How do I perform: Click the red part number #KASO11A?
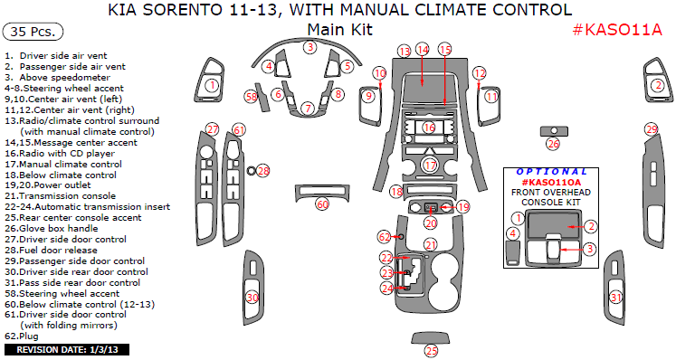pos(617,30)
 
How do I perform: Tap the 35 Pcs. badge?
pos(33,32)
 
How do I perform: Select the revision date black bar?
pos(67,349)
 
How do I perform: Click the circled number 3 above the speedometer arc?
pos(310,47)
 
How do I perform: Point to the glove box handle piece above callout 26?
pos(554,131)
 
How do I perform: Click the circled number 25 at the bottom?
pos(431,351)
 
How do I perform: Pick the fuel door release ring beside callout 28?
pos(251,171)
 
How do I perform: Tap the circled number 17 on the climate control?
pos(430,166)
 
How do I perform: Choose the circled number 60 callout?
pos(322,204)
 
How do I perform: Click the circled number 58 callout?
pos(252,97)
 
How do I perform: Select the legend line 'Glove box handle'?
pos(52,229)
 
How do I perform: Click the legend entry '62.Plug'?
pos(22,336)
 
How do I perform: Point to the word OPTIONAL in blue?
pos(552,172)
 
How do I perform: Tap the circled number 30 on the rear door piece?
pos(252,298)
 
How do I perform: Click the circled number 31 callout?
pos(616,297)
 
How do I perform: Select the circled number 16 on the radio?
pos(429,128)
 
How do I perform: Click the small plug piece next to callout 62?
pos(401,237)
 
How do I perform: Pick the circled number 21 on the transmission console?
pos(430,245)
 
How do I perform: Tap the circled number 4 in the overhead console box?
pos(513,234)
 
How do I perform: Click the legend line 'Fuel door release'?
pos(51,250)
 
